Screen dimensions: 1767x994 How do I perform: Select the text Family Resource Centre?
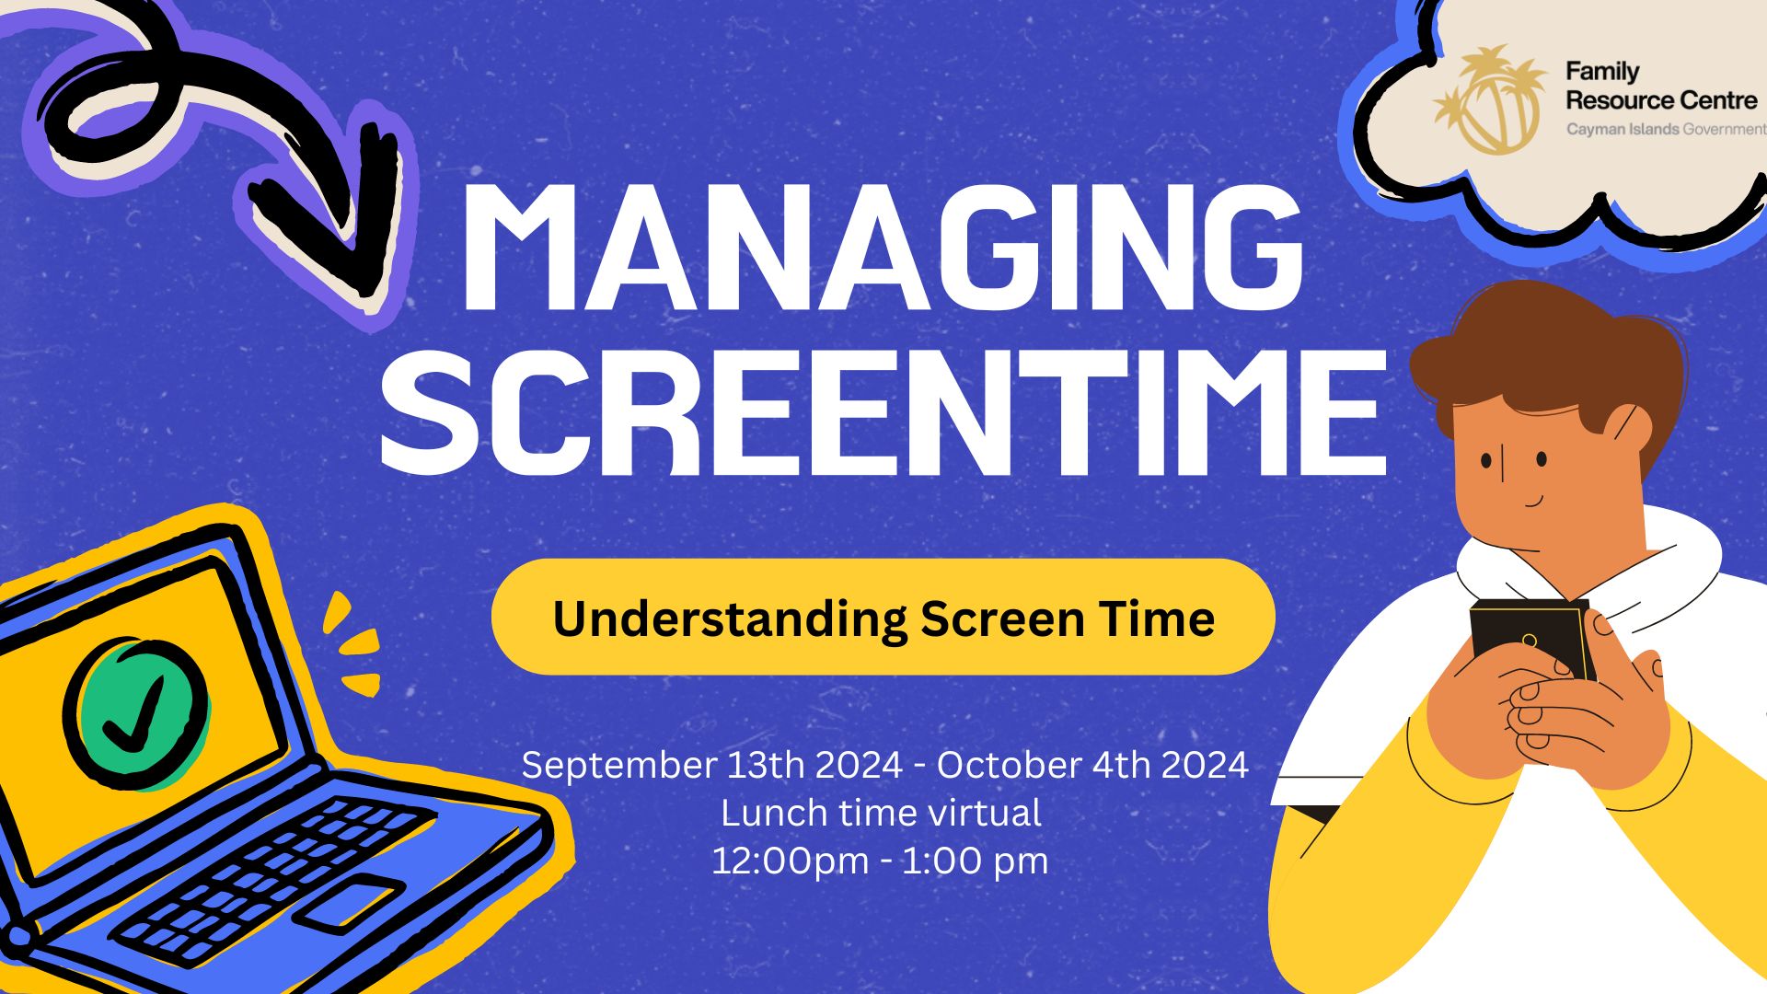click(1661, 86)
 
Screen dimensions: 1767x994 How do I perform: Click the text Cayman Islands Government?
click(1666, 130)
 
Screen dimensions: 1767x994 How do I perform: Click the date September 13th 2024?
click(711, 765)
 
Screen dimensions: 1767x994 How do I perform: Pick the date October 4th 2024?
click(1092, 765)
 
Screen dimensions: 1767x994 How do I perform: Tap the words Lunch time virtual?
click(881, 813)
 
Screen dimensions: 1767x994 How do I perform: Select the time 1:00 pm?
click(975, 861)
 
